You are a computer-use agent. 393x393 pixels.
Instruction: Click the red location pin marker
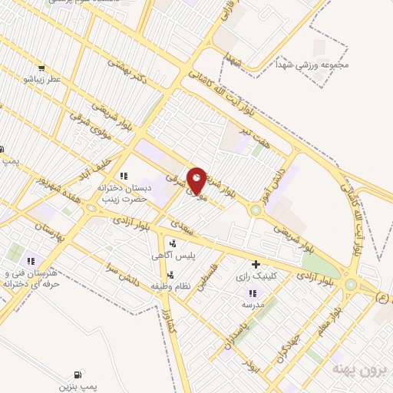point(197,180)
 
